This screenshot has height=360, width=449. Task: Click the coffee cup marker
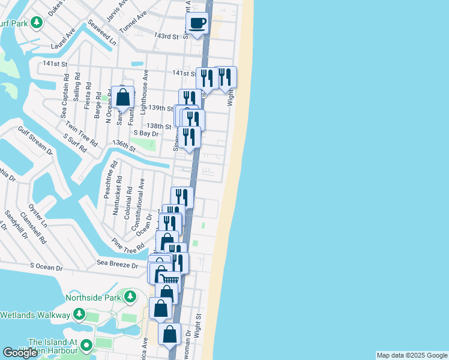coord(197,24)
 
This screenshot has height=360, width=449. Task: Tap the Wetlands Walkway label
coord(34,314)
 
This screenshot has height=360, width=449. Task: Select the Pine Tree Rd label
coord(128,244)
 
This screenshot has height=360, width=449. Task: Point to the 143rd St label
coord(166,37)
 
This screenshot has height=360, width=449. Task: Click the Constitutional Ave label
coord(142,197)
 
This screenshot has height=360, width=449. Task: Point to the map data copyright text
coord(411,355)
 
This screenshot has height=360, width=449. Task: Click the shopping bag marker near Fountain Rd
coord(122,98)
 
